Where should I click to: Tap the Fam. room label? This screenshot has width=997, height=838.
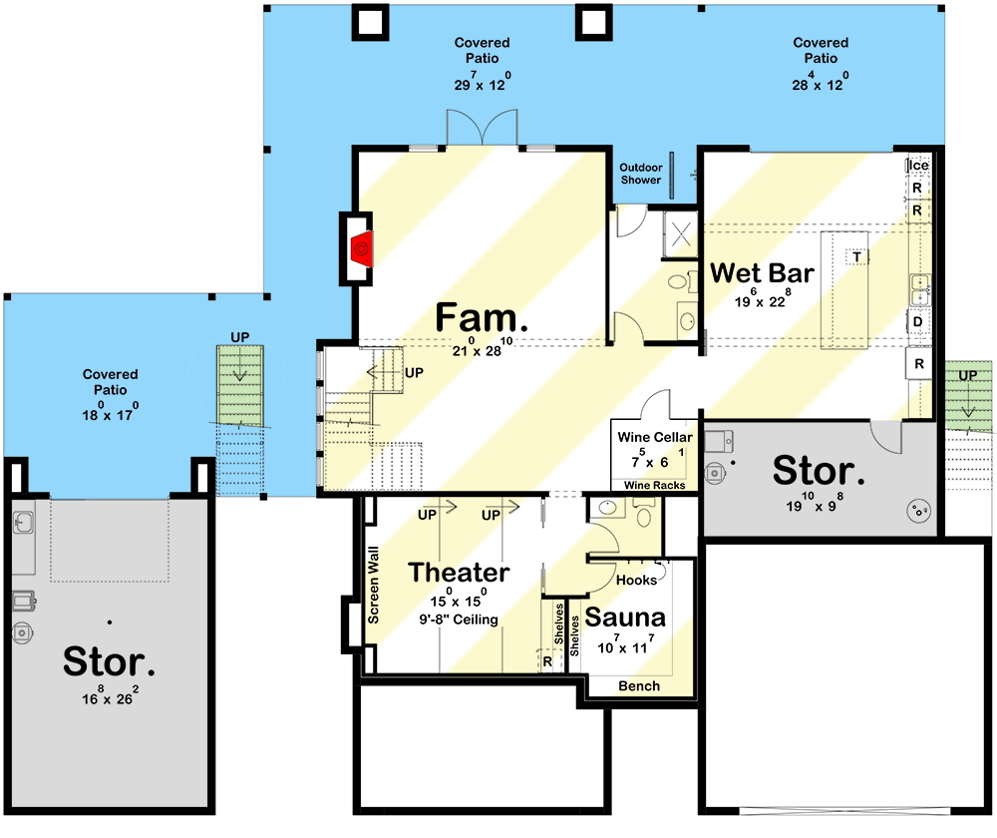(482, 319)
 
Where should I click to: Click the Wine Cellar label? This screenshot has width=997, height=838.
(654, 437)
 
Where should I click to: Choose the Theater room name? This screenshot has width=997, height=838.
(459, 573)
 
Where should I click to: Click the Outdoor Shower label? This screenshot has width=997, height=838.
(640, 174)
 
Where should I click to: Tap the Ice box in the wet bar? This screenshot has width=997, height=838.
(917, 166)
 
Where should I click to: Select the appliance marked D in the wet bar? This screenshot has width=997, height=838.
(917, 321)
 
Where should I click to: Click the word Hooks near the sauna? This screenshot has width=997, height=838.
(636, 580)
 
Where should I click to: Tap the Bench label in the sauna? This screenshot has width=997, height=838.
(638, 686)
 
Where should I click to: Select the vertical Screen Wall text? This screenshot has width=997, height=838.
(373, 585)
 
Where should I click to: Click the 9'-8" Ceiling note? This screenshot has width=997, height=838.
(459, 620)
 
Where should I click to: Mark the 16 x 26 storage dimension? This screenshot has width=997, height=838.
(109, 700)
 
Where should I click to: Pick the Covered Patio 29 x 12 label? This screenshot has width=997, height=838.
(482, 65)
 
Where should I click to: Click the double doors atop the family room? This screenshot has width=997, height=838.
(482, 131)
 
